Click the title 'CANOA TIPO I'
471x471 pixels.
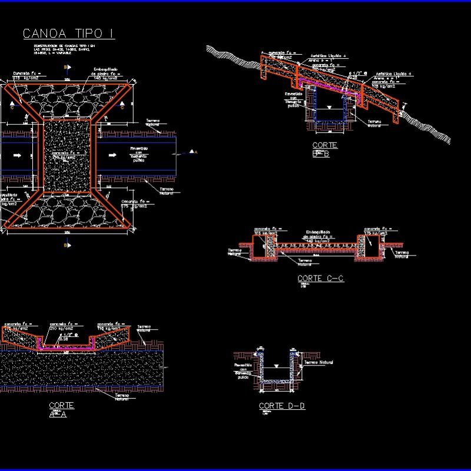coord(68,34)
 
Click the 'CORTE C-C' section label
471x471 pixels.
coord(320,278)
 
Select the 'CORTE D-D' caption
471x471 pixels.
coord(282,406)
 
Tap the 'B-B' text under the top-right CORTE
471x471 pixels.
coord(321,154)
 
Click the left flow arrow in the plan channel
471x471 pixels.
coord(17,155)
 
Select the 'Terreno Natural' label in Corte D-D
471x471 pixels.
coord(319,363)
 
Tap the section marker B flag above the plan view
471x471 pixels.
coord(65,69)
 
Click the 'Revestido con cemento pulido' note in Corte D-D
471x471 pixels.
coord(244,370)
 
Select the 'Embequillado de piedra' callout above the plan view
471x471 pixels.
coord(107,75)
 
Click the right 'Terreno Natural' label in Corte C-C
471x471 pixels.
coord(402,254)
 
